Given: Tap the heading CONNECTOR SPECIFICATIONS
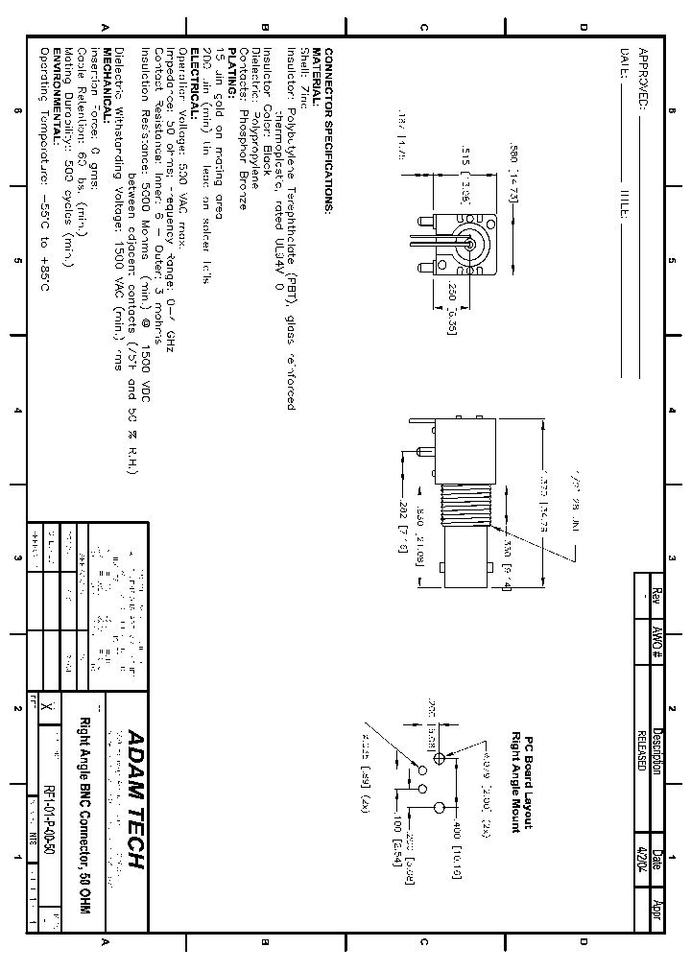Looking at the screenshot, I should [x=328, y=130].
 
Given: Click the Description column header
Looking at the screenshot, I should [x=656, y=747].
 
